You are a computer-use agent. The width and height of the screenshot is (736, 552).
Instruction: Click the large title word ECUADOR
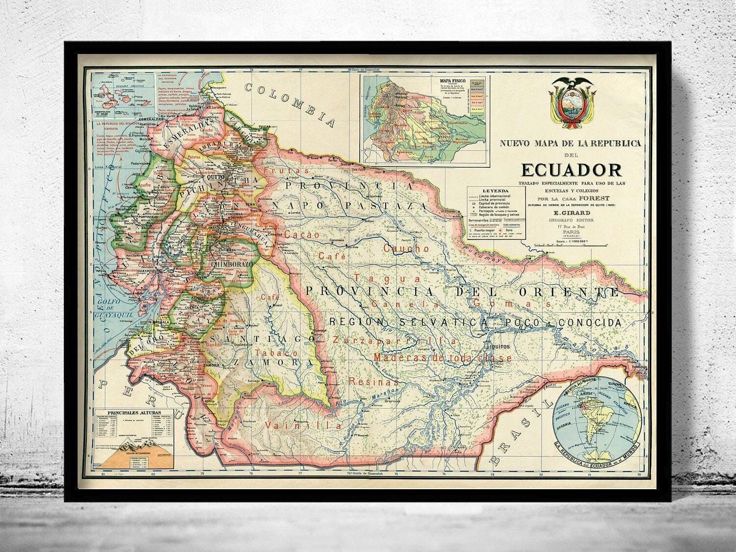pyautogui.click(x=571, y=169)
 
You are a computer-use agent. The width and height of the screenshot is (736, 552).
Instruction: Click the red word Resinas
pyautogui.click(x=373, y=381)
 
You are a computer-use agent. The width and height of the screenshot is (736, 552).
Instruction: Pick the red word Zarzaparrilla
pyautogui.click(x=394, y=340)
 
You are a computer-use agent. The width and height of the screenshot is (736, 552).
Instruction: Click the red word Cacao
pyautogui.click(x=302, y=235)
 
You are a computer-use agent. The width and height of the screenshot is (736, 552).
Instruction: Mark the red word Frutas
pyautogui.click(x=287, y=171)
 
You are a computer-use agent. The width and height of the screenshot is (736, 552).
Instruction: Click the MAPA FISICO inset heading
pyautogui.click(x=451, y=81)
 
